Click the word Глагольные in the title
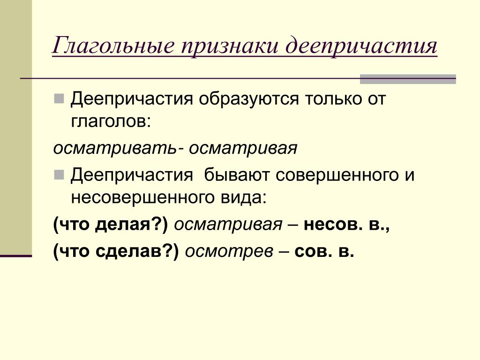point(113,46)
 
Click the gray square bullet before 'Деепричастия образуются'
point(59,98)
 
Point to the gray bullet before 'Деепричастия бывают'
point(59,175)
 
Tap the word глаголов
point(111,121)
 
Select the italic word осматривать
point(115,149)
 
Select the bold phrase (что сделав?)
point(116,252)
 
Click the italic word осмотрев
point(229,252)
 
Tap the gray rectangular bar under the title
point(408,79)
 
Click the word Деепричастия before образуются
point(132,99)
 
